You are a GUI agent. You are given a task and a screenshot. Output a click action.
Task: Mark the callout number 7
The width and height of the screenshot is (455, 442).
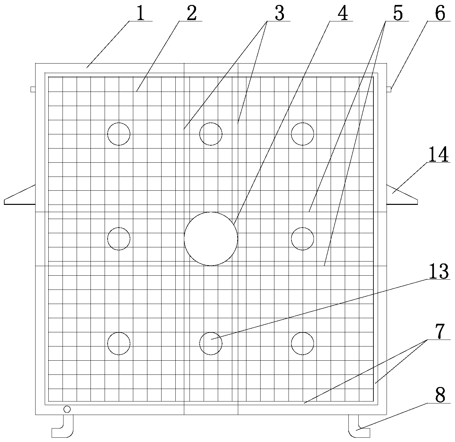(x=440, y=331)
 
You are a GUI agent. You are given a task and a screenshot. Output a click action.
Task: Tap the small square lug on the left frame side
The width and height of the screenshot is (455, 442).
(x=33, y=89)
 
